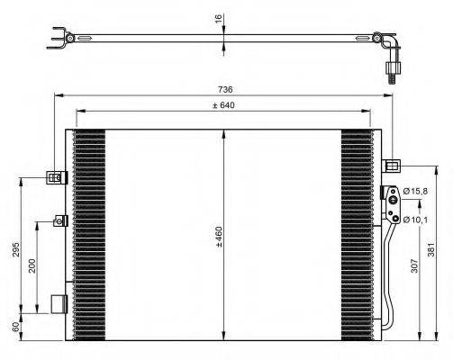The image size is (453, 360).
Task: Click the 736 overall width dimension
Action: point(225,89)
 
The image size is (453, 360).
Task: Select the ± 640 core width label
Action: point(224,105)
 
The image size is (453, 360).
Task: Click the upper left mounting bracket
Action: point(58,177)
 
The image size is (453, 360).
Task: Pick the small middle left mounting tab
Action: point(61,220)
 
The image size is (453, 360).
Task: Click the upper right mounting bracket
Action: point(393,166)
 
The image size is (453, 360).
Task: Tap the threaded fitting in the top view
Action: point(391,72)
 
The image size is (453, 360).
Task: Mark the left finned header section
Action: point(88,236)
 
